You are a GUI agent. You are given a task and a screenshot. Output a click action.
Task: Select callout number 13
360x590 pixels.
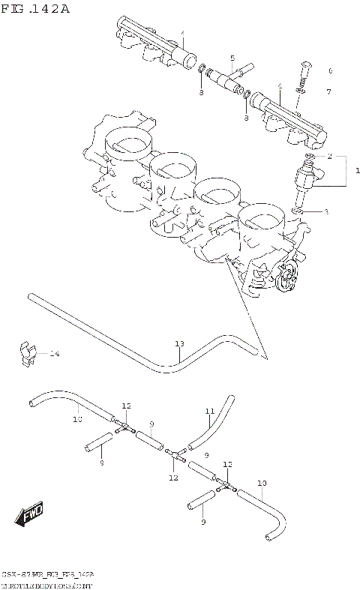[x=179, y=344]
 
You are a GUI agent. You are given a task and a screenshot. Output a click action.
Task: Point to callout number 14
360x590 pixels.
[x=54, y=353]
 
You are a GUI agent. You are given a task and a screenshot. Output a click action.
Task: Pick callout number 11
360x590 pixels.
[x=210, y=410]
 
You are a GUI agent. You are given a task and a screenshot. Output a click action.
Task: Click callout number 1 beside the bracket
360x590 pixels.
[x=356, y=171]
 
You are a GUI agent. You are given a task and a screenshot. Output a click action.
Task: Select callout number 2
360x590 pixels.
[x=328, y=156]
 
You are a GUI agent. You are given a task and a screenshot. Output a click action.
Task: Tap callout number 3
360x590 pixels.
[x=325, y=212]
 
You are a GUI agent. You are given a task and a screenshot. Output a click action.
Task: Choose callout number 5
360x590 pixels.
[x=232, y=58]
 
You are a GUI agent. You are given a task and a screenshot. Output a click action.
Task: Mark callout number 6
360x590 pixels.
[x=329, y=71]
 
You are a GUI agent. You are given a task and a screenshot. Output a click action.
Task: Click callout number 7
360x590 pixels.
[x=328, y=91]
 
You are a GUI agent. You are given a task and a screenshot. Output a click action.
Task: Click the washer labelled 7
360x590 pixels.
[x=299, y=91]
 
